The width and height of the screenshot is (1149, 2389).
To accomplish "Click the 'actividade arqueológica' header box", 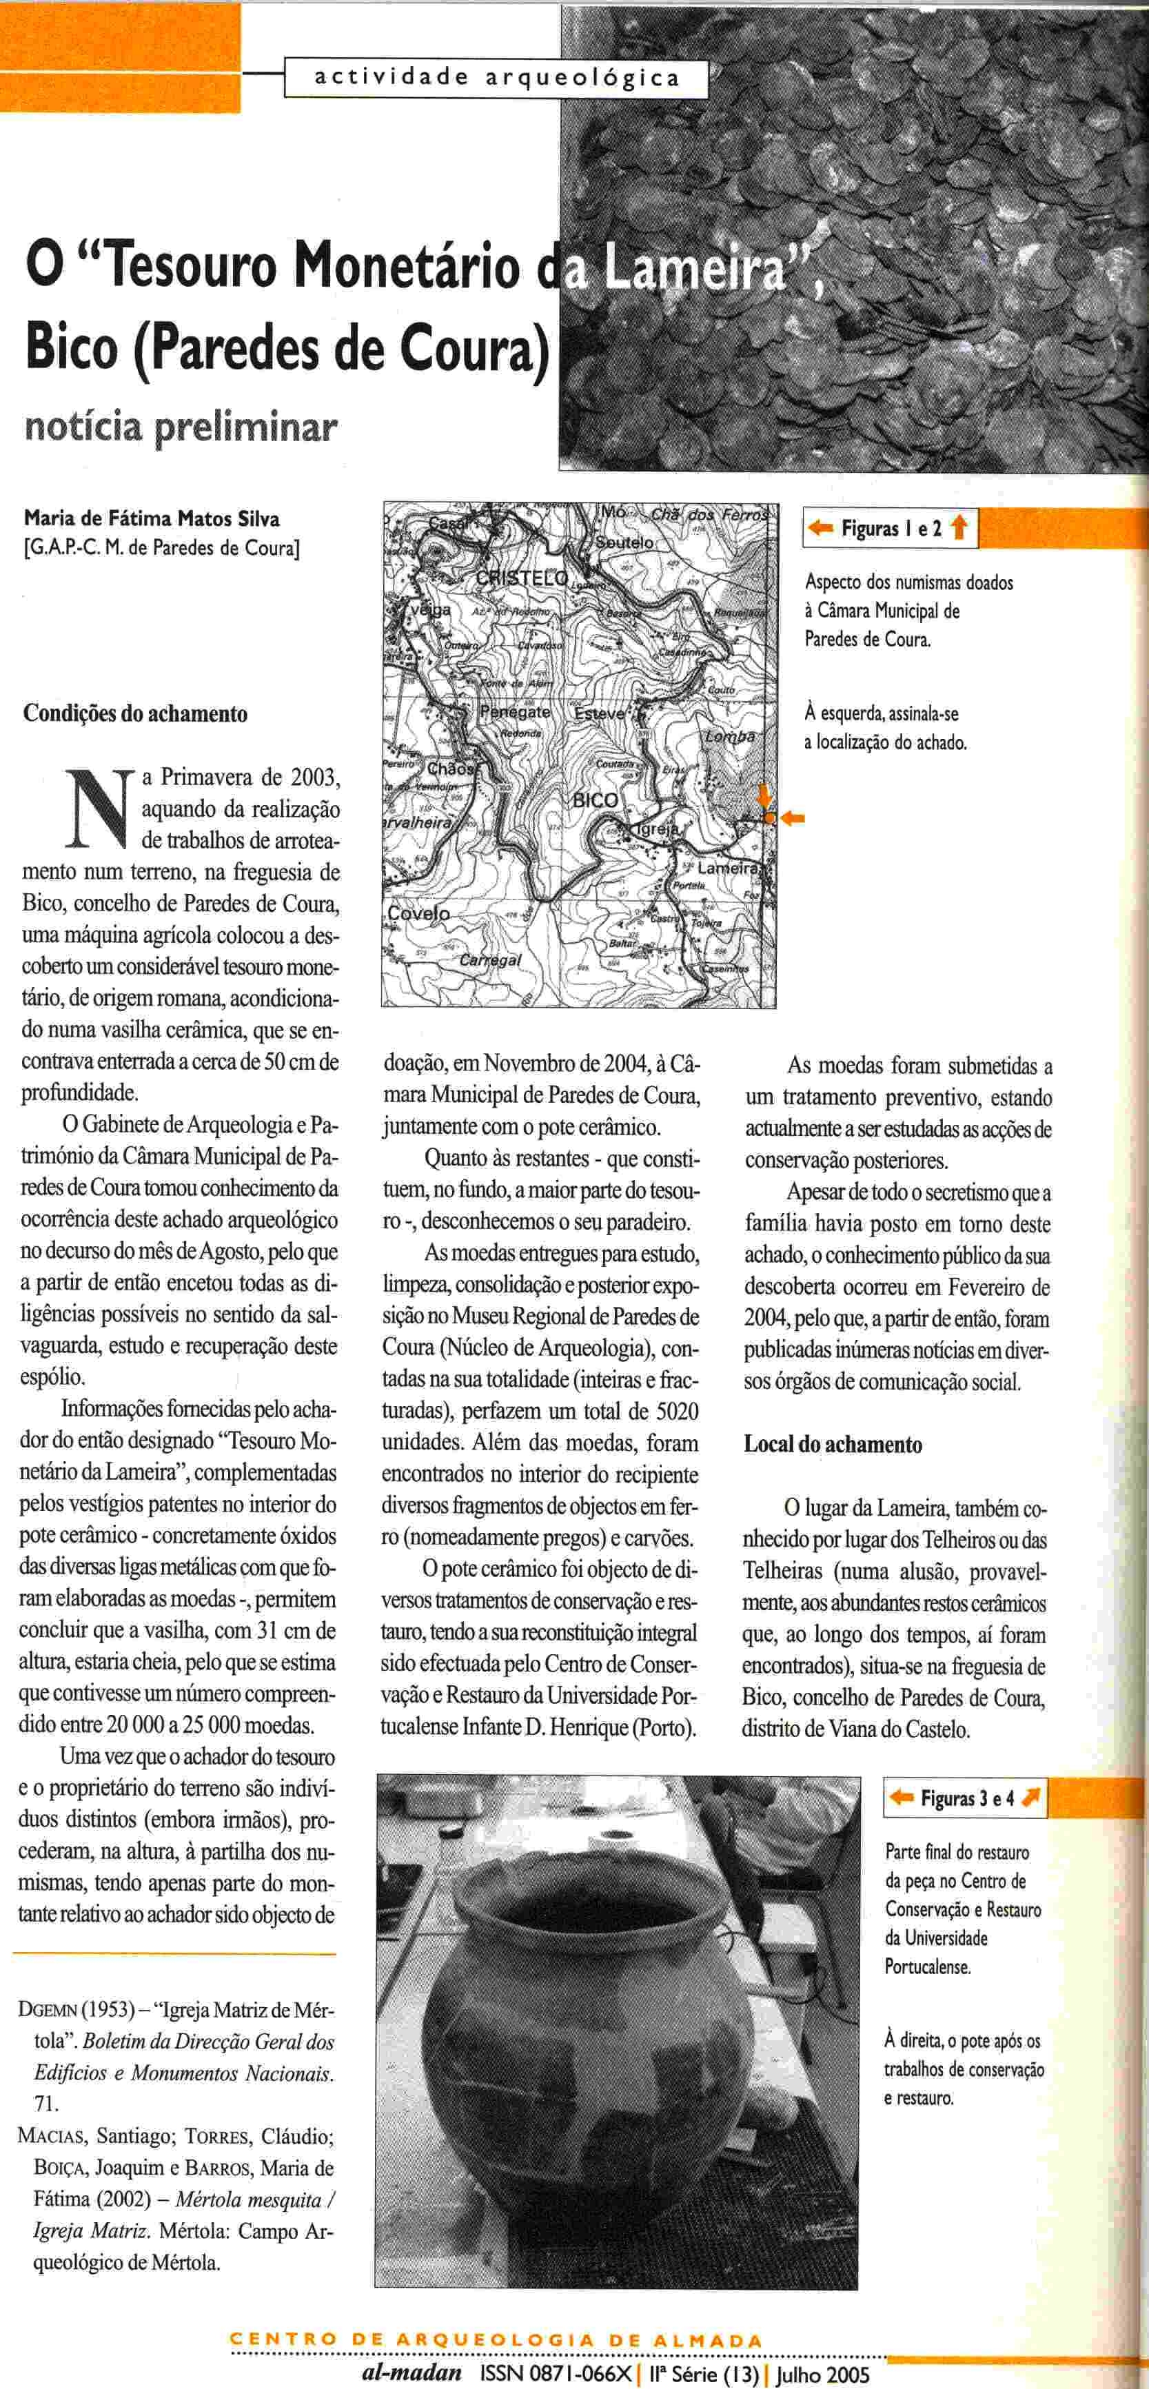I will coord(497,78).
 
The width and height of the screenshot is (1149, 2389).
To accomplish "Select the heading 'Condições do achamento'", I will coord(135,713).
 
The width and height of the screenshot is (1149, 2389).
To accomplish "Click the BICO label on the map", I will coord(596,800).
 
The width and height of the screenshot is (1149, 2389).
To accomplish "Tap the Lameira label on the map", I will coord(726,868).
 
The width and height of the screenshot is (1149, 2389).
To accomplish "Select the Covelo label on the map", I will coord(418,913).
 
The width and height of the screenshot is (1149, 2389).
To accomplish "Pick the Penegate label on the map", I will coord(515,712).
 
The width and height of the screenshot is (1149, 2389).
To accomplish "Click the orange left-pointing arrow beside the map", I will coord(792,818).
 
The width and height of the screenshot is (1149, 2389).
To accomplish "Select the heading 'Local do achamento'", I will coord(833,1444).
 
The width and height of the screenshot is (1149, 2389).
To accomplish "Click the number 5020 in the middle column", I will coord(677,1412).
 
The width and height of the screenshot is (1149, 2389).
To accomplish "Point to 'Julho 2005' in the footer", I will coord(824,2373).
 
